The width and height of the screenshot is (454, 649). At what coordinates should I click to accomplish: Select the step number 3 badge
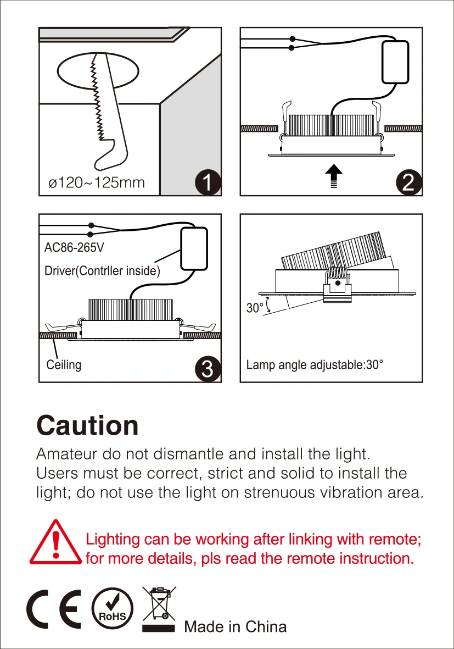click(208, 369)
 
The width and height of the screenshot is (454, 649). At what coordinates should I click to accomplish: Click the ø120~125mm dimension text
click(97, 182)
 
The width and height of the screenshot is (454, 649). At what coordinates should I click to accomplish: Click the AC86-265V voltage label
click(74, 248)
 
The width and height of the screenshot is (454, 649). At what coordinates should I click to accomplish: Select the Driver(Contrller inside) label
click(102, 271)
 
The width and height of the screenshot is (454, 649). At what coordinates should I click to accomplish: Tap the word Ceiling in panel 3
click(64, 364)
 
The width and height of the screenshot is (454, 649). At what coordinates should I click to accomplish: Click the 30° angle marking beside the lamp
click(255, 308)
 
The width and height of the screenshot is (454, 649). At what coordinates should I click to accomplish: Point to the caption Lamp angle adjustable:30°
click(315, 365)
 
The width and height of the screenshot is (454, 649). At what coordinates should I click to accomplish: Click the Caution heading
click(87, 426)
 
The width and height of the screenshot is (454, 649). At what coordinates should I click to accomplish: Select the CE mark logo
click(54, 610)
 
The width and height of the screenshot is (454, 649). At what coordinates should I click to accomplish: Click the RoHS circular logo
click(112, 610)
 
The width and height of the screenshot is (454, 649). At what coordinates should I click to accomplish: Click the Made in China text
click(235, 627)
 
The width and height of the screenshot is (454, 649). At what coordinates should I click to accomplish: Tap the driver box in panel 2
click(394, 62)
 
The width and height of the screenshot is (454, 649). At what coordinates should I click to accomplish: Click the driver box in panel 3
click(194, 248)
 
